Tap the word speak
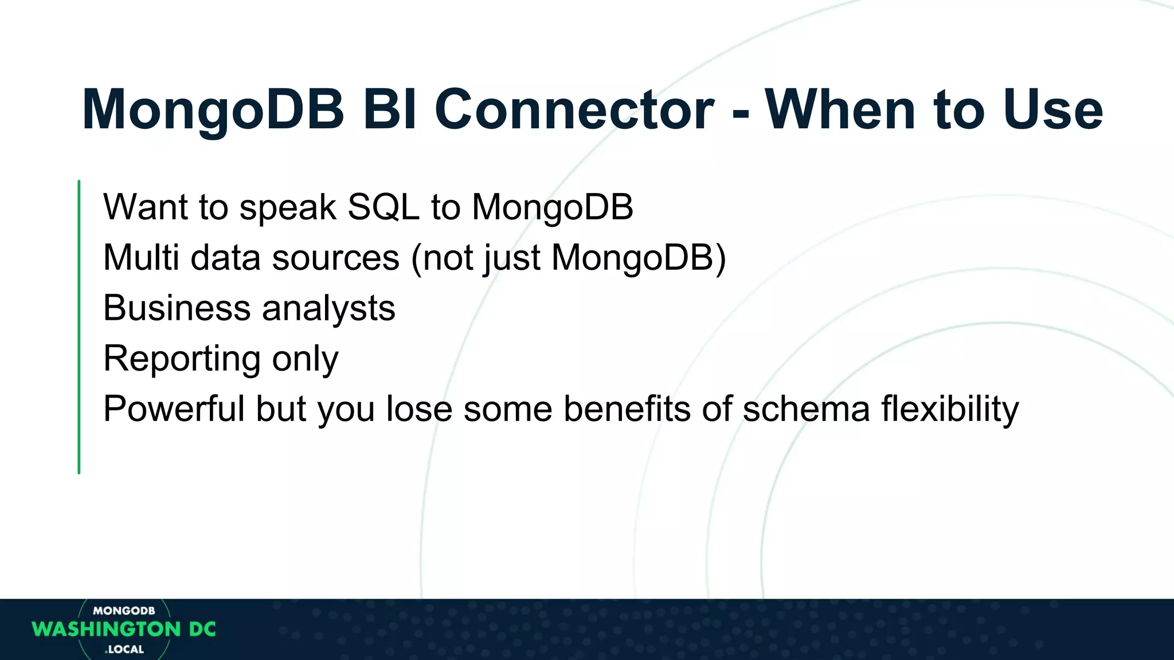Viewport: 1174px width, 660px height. point(287,207)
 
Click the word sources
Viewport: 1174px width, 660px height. point(335,258)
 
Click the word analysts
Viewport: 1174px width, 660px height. point(328,309)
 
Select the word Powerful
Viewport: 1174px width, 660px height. point(174,408)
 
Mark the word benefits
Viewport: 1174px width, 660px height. point(627,408)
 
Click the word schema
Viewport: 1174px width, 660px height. point(806,408)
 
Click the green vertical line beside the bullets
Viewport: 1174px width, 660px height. point(79,327)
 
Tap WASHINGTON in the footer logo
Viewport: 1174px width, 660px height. point(107,629)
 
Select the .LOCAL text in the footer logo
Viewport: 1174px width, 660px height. point(124,649)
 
